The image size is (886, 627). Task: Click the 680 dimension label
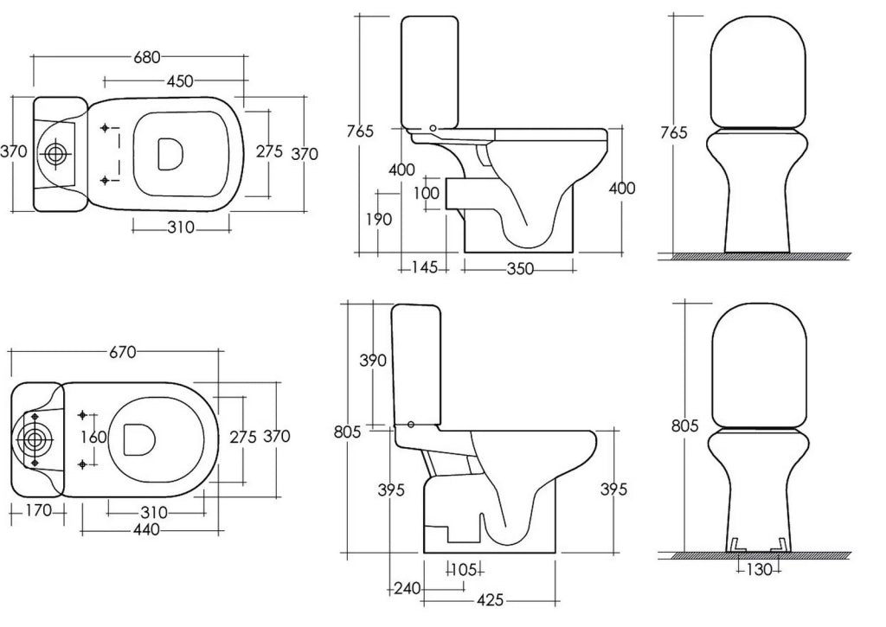147,57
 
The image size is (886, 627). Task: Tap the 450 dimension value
180,81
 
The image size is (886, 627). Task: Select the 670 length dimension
123,353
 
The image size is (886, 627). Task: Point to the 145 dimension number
424,267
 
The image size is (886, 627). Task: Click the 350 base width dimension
520,269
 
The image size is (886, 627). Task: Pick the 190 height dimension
379,219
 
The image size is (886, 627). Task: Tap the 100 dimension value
426,193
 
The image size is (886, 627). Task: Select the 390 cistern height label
373,361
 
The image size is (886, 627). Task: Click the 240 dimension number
408,589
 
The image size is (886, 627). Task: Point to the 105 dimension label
465,570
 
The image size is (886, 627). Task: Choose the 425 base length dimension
490,600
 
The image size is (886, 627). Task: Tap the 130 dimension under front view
759,570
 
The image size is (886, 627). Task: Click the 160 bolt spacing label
93,438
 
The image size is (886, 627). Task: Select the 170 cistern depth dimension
38,511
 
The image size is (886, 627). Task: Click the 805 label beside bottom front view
685,425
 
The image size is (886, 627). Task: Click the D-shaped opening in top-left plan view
170,154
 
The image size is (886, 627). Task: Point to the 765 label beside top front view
674,132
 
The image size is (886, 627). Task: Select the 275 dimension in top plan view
270,152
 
